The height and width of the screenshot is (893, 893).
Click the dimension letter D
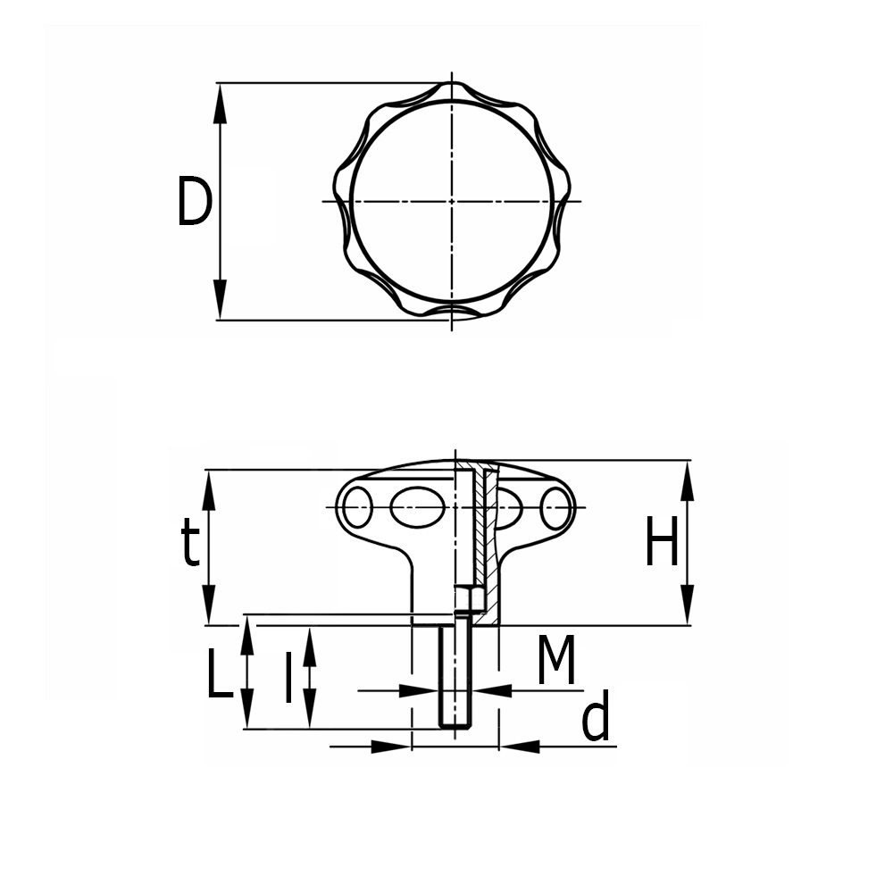tap(194, 201)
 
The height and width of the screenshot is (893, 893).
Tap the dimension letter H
tap(662, 541)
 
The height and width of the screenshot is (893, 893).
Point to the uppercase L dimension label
tap(220, 673)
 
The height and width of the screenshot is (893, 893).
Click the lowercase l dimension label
tap(288, 677)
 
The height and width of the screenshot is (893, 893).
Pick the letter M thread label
tap(556, 660)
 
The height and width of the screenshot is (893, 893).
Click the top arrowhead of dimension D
tap(220, 103)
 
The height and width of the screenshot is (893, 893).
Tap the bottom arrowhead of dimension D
tap(220, 299)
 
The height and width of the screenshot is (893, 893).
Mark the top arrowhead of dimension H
tap(688, 480)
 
